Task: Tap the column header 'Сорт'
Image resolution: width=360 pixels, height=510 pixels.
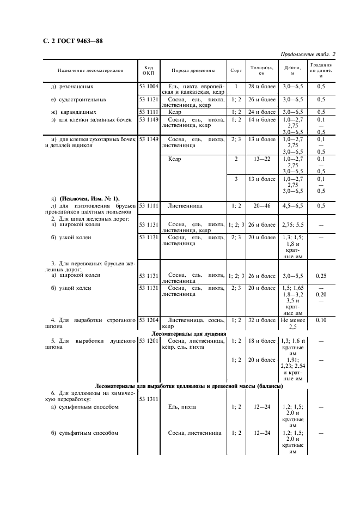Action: click(x=236, y=71)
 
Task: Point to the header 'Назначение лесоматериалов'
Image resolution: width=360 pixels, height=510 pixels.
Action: click(x=90, y=71)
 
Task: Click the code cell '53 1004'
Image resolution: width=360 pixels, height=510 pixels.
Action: click(x=149, y=87)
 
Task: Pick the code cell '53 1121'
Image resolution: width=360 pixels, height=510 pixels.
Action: click(x=149, y=100)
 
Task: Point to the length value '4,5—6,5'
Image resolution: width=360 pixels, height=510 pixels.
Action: click(x=293, y=207)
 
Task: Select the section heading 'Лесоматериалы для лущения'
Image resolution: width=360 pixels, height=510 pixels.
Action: click(x=189, y=333)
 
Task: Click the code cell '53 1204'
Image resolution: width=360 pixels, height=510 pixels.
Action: click(x=149, y=320)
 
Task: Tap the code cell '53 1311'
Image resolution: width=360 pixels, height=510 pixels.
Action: click(x=149, y=399)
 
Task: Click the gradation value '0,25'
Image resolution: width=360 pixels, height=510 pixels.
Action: click(x=321, y=276)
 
